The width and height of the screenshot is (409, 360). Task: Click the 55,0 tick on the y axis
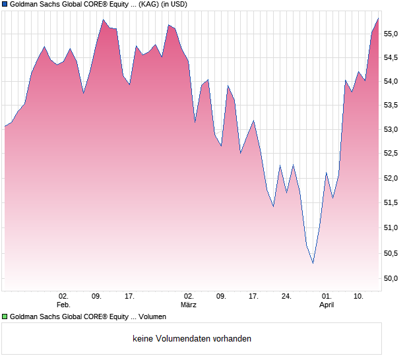[x=393, y=34]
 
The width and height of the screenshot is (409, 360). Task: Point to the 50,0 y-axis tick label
[x=393, y=278]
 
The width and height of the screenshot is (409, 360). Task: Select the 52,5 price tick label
[x=393, y=154]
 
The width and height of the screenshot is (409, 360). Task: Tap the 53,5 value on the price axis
[x=393, y=105]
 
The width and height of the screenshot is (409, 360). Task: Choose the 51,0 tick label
[x=393, y=228]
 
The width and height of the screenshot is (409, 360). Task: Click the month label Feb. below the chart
[x=63, y=305]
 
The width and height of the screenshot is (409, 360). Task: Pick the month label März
[x=189, y=305]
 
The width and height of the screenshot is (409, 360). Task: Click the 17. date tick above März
[x=253, y=297]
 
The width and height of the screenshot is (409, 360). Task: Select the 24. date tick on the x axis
[x=286, y=297]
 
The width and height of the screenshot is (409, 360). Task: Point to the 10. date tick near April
[x=358, y=297]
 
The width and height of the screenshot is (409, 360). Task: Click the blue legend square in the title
[x=5, y=4]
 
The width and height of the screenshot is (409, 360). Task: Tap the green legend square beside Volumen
[x=5, y=317]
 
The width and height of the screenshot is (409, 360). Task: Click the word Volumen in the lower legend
[x=152, y=317]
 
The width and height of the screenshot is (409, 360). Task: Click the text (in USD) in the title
[x=186, y=5]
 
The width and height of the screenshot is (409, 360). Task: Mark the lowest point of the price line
[x=313, y=264]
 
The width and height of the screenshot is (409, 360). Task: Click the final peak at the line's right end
[x=378, y=18]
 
